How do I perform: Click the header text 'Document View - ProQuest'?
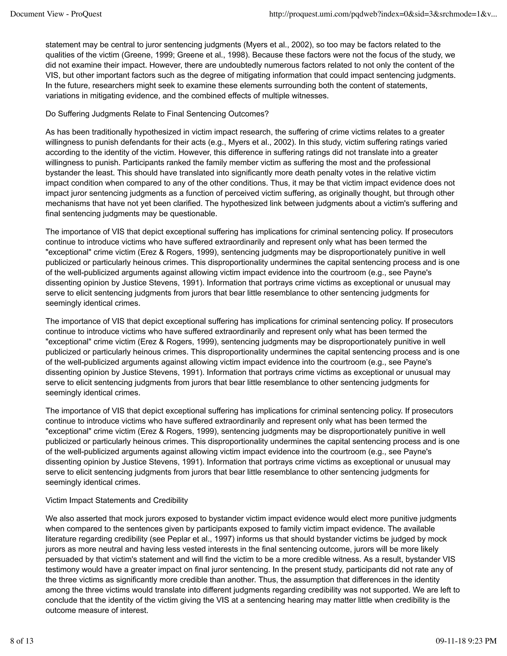pyautogui.click(x=56, y=14)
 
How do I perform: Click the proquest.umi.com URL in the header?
pyautogui.click(x=383, y=14)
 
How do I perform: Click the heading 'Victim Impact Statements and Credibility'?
pyautogui.click(x=117, y=500)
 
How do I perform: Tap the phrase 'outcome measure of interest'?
pyautogui.click(x=97, y=610)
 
